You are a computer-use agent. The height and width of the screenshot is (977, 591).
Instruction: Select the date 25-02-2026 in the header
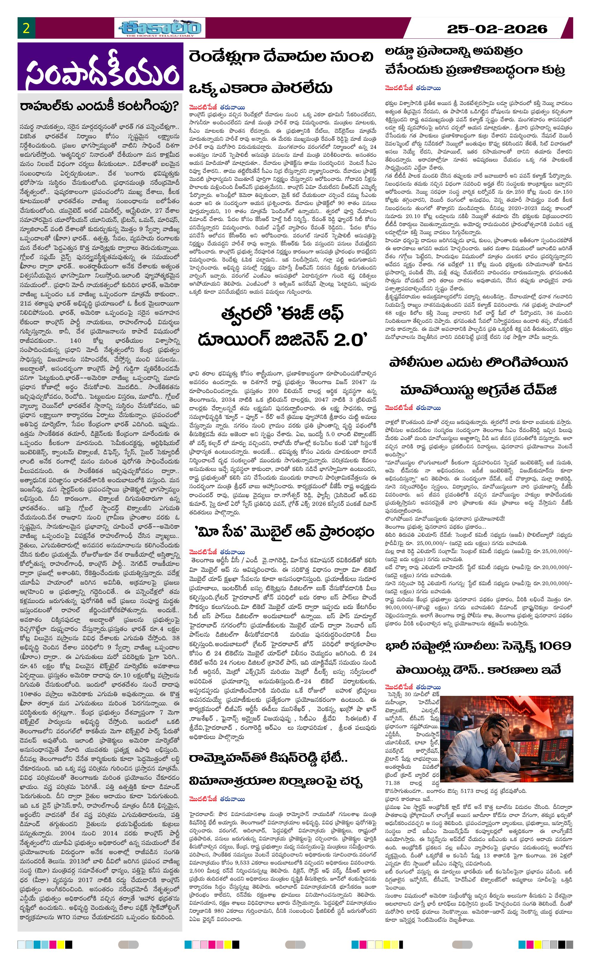pos(497,29)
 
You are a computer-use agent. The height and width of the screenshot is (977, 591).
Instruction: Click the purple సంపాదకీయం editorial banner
pos(100,67)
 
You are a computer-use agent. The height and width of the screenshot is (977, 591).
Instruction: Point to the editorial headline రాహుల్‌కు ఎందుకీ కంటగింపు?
pos(100,106)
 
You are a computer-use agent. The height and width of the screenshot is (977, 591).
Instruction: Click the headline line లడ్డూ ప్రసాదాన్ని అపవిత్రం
pos(454,51)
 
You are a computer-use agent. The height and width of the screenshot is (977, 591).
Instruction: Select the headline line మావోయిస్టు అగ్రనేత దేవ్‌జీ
pos(478,390)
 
